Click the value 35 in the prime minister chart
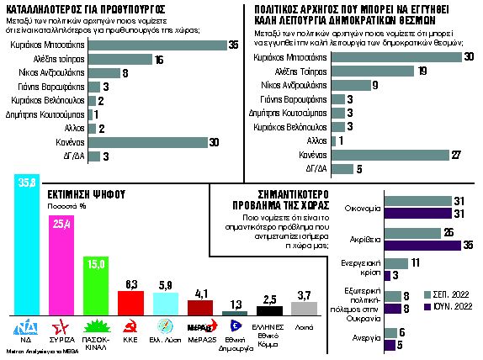(233, 44)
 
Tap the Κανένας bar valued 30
(155, 141)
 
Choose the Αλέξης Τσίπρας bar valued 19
(371, 72)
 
